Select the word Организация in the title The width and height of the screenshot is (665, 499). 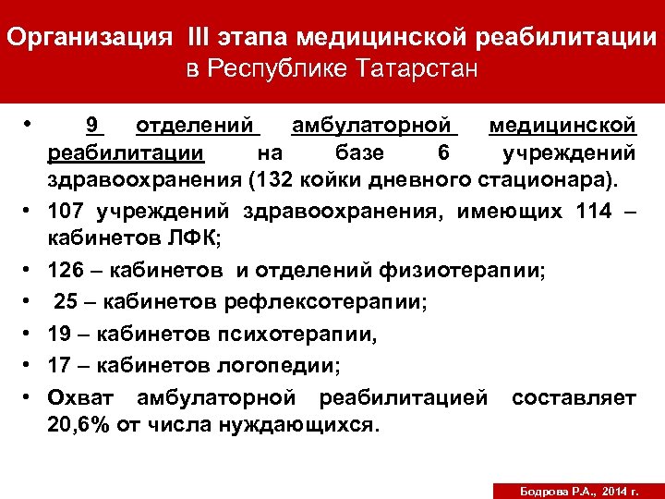pos(89,39)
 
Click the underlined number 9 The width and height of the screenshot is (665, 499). pos(91,125)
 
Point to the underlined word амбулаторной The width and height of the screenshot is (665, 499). pos(374,125)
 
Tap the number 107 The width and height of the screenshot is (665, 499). pos(72,212)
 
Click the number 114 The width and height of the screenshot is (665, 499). pos(591,212)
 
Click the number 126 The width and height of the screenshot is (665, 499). pos(72,271)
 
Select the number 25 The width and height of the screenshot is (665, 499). pos(67,301)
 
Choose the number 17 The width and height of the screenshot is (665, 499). pos(63,366)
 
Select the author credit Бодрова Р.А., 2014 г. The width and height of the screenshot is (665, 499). pos(573,488)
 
